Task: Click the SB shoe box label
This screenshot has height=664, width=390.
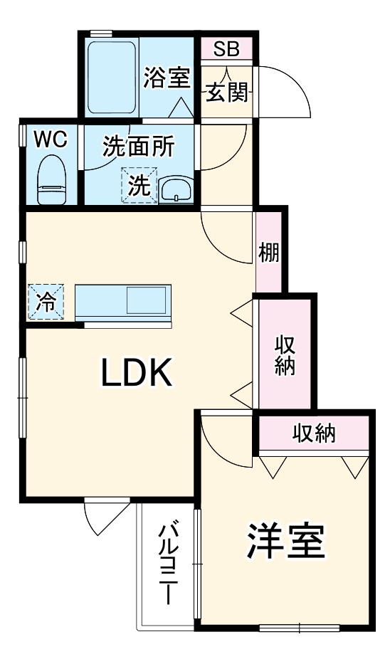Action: click(227, 50)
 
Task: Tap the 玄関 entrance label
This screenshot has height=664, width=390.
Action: click(227, 93)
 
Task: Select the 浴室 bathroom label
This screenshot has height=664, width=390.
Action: click(167, 78)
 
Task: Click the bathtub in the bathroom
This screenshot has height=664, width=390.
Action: click(112, 78)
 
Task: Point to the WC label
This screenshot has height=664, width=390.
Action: click(51, 139)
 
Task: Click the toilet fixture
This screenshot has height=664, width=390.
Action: click(51, 181)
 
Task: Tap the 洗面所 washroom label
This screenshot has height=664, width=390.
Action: click(138, 147)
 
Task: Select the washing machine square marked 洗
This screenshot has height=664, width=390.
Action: click(139, 185)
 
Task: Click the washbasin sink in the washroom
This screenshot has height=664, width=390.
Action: click(175, 189)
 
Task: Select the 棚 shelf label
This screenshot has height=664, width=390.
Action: click(269, 254)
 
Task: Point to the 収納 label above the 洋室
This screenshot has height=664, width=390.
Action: click(314, 433)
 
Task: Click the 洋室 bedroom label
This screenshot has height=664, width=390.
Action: click(287, 543)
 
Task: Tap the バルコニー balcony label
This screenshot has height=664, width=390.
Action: click(168, 563)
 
